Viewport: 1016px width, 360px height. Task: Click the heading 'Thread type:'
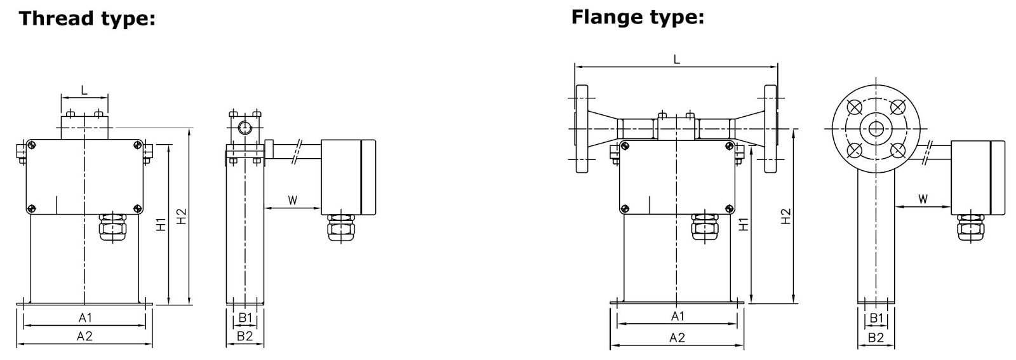pos(87,18)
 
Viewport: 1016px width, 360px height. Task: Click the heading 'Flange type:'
pos(638,17)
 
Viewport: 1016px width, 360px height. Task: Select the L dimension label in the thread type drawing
pos(84,90)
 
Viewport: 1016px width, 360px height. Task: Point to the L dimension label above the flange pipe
pos(676,59)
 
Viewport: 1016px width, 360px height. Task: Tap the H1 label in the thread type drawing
pos(161,223)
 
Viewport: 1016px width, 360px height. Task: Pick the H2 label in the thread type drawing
pos(182,216)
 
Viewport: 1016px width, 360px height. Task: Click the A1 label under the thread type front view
pos(84,317)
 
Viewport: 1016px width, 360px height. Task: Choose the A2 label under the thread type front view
pos(84,337)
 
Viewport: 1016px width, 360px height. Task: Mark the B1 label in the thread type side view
pos(245,317)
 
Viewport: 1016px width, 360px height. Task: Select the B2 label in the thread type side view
pos(245,337)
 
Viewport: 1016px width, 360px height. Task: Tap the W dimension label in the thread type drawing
pos(292,201)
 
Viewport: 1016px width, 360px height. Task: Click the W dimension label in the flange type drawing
pos(923,199)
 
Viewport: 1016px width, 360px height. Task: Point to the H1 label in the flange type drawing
pos(744,223)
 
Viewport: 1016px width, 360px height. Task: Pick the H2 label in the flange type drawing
pos(785,216)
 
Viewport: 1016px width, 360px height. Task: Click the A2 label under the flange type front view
pos(677,338)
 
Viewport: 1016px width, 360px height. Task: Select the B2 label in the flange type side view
pos(876,338)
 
